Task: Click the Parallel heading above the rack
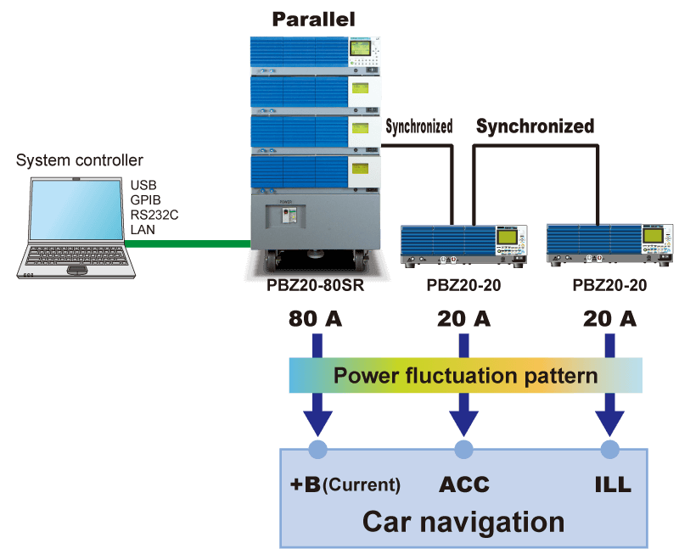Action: pyautogui.click(x=313, y=19)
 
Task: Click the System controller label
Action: pyautogui.click(x=80, y=160)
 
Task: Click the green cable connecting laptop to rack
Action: pyautogui.click(x=187, y=244)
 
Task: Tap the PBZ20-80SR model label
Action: pyautogui.click(x=315, y=286)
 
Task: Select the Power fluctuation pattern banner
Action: pyautogui.click(x=465, y=375)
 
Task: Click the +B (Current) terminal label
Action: pyautogui.click(x=345, y=484)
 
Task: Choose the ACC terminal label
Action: pyautogui.click(x=463, y=484)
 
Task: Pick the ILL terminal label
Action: pyautogui.click(x=612, y=484)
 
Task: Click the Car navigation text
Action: pyautogui.click(x=463, y=520)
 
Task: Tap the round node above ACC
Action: pyautogui.click(x=463, y=449)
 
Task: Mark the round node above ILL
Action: pyautogui.click(x=610, y=449)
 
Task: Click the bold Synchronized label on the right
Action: pyautogui.click(x=535, y=126)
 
